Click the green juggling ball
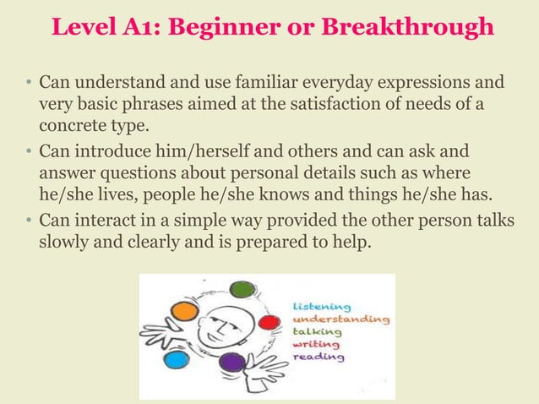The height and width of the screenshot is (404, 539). [242, 289]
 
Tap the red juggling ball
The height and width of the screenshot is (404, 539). [269, 322]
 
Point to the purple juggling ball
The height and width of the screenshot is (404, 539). [232, 364]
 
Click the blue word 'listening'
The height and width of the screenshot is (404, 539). [324, 306]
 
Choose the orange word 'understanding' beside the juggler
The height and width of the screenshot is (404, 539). [341, 319]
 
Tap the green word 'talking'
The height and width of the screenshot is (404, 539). [318, 332]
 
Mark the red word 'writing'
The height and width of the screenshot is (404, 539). [316, 345]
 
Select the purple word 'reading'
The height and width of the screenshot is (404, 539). [318, 358]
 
